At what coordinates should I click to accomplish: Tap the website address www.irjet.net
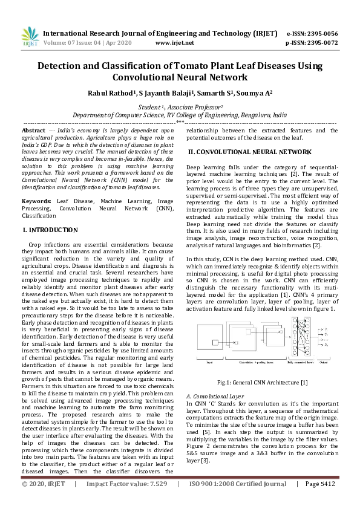(175, 43)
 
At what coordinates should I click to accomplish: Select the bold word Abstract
(33, 131)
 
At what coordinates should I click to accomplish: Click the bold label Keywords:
(36, 200)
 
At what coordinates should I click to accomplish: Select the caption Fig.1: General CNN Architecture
(262, 382)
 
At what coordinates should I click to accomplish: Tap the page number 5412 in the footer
(326, 501)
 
